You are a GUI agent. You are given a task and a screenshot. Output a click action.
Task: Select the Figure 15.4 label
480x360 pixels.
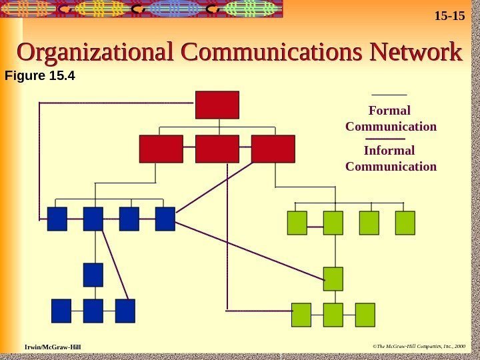40,76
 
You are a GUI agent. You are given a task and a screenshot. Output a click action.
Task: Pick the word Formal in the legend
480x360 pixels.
390,110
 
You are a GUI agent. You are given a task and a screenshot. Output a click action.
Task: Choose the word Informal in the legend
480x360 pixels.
389,151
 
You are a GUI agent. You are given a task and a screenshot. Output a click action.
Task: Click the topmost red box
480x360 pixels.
217,105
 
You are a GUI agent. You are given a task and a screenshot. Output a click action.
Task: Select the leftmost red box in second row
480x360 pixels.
161,149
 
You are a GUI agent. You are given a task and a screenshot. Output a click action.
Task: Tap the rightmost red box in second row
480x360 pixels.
273,149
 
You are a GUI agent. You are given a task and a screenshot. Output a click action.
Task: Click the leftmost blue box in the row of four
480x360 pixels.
57,219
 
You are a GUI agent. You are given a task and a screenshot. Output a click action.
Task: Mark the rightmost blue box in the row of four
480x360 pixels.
165,219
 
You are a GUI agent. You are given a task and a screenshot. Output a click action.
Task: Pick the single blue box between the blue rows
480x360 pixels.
93,275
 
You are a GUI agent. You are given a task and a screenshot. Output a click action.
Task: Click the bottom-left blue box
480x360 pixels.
61,311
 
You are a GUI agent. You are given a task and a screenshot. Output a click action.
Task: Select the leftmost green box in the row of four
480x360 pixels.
297,223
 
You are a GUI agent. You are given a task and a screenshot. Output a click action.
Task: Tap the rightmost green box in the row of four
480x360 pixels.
405,223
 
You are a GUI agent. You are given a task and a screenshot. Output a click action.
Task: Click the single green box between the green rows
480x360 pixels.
333,279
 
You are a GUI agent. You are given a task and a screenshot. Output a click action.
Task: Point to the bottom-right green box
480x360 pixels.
365,315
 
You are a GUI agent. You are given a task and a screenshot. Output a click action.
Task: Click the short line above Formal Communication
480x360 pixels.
390,95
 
